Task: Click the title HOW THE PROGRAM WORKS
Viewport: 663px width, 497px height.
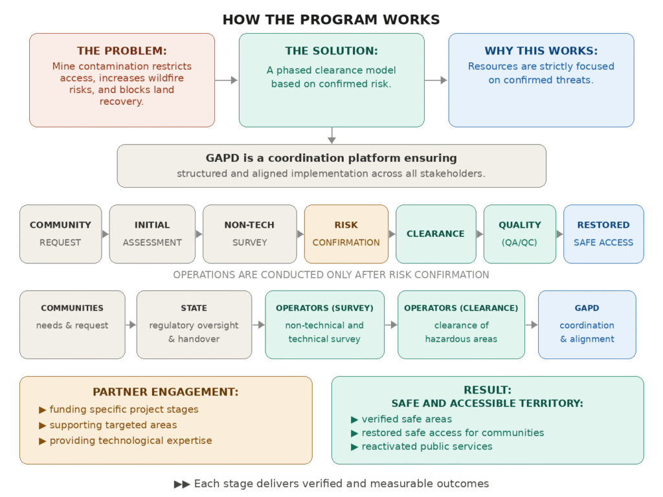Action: click(331, 19)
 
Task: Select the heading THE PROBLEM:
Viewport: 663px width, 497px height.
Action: click(122, 51)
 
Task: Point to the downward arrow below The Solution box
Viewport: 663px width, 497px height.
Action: click(331, 135)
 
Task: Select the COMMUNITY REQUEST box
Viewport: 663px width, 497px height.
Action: click(60, 234)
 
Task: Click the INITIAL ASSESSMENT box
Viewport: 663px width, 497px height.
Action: click(152, 234)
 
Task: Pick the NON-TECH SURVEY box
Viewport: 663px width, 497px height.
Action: click(249, 234)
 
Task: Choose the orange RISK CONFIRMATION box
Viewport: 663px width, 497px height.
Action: click(346, 234)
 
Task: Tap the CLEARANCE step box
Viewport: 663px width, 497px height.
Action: click(436, 234)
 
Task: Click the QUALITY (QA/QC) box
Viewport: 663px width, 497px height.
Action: click(520, 234)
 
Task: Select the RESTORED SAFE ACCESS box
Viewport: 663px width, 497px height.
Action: click(603, 234)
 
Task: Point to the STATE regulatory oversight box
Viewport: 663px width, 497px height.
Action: click(194, 324)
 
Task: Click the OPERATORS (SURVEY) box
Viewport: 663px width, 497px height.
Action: click(324, 324)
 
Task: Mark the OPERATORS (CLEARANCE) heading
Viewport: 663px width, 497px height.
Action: click(461, 308)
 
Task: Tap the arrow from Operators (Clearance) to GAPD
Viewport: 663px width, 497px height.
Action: click(532, 325)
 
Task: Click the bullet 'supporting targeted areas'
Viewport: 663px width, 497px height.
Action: click(113, 425)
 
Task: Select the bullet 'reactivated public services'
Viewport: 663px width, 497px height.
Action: click(427, 447)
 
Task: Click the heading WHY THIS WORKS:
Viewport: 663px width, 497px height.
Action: click(541, 51)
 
